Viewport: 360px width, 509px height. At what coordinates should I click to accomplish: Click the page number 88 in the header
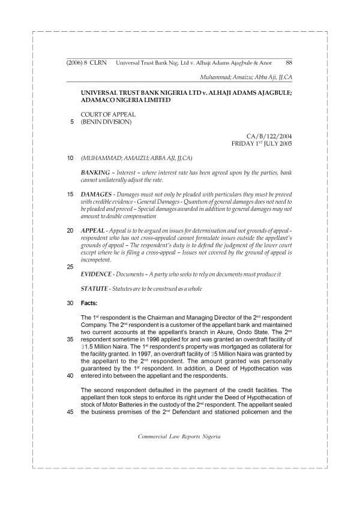point(289,62)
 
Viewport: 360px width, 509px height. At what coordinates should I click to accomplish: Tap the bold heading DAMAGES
point(97,195)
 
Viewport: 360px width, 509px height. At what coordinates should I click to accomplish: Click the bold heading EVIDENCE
point(98,274)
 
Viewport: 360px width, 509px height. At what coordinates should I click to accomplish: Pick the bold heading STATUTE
point(96,289)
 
